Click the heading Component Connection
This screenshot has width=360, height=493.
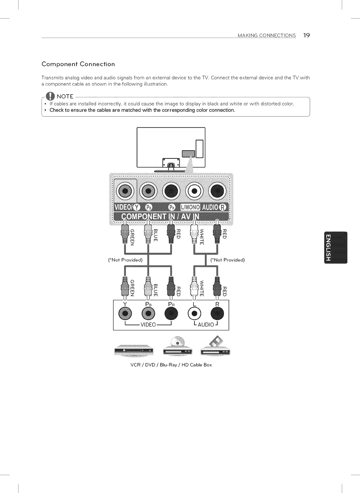pyautogui.click(x=78, y=64)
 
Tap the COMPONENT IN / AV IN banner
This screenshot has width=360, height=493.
pyautogui.click(x=171, y=217)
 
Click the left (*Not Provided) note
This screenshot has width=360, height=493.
pyautogui.click(x=125, y=260)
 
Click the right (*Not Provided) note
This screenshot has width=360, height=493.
pyautogui.click(x=227, y=260)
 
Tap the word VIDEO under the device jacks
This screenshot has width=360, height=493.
pyautogui.click(x=148, y=325)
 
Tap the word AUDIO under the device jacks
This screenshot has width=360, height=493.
pyautogui.click(x=205, y=325)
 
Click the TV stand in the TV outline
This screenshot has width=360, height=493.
pyautogui.click(x=171, y=166)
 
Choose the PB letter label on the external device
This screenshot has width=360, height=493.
pyautogui.click(x=148, y=304)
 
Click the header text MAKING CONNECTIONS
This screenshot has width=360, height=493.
pyautogui.click(x=267, y=35)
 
